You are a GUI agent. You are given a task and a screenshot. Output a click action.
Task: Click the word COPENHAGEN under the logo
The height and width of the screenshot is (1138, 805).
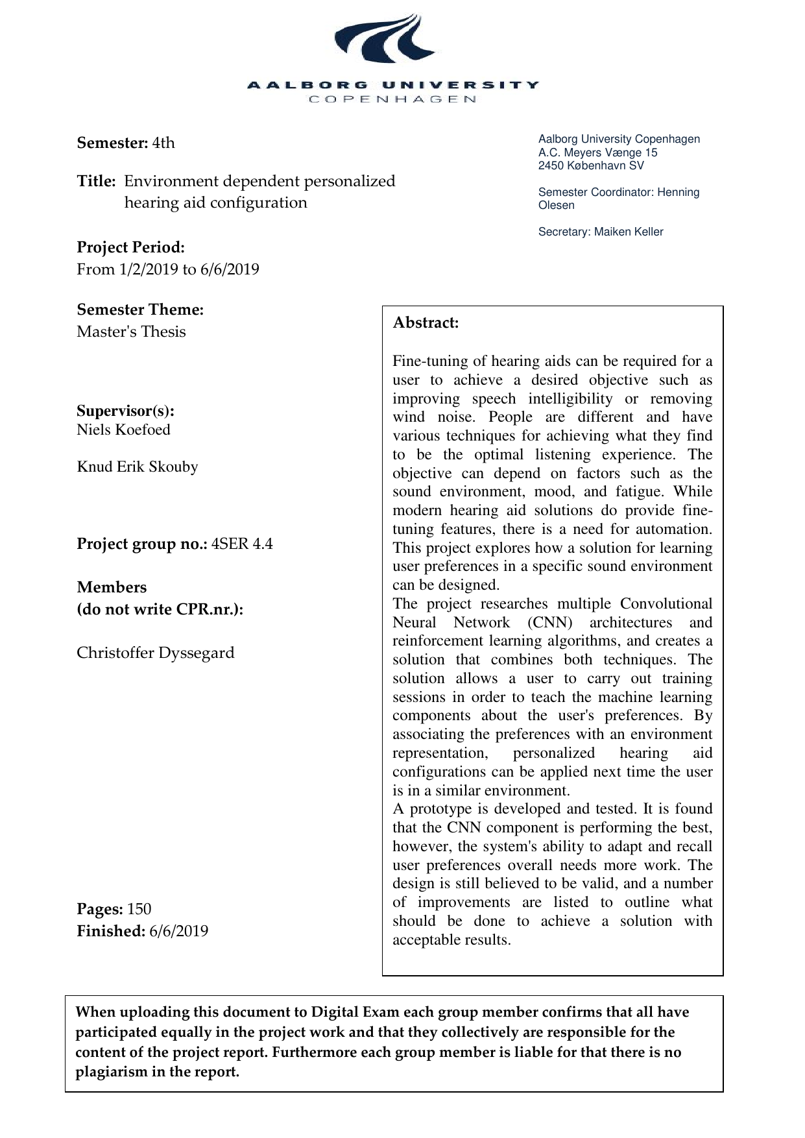393,99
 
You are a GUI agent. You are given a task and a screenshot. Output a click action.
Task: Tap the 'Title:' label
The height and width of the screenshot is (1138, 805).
96,181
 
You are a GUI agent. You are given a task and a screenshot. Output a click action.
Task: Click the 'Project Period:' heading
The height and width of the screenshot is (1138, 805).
130,247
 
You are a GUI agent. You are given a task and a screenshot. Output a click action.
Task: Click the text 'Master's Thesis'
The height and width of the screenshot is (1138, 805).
131,332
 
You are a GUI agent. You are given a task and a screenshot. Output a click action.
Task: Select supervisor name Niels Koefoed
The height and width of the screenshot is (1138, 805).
123,430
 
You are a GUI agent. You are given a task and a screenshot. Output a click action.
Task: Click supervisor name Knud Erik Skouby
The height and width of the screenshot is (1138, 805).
137,466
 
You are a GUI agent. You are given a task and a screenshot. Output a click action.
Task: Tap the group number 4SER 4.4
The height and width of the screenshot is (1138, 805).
242,544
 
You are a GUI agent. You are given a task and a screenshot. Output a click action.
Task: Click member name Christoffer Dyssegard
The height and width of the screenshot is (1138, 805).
155,653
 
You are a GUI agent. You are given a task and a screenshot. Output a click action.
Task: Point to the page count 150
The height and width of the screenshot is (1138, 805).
139,909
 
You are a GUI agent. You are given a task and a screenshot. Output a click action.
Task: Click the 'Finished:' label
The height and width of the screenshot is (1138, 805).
110,931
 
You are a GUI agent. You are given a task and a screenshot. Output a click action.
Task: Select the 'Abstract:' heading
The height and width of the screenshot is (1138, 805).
426,322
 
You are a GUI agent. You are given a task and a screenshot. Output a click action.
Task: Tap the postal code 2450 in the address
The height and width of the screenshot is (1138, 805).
550,165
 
